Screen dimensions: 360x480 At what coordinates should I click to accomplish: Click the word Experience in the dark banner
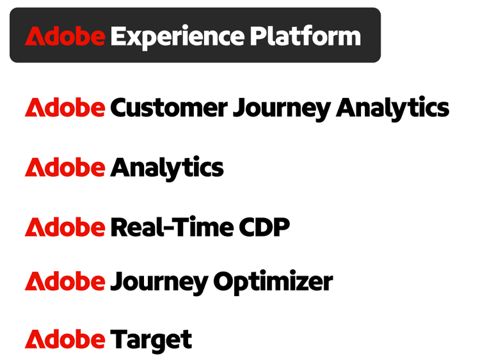click(x=177, y=36)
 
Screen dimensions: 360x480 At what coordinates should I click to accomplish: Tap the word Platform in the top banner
click(x=305, y=36)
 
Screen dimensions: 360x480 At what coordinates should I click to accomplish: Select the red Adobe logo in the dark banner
click(x=65, y=36)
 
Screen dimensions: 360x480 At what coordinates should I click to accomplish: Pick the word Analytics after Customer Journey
click(x=392, y=108)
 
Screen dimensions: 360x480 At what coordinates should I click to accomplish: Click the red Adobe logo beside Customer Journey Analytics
click(x=65, y=107)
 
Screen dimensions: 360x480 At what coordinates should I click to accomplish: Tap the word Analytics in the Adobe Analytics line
click(x=167, y=168)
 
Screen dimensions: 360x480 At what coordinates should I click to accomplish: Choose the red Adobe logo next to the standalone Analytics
click(x=65, y=168)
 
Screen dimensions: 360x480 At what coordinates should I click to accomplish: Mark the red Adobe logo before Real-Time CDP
click(x=65, y=227)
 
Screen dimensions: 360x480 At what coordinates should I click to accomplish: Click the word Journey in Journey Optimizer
click(x=159, y=282)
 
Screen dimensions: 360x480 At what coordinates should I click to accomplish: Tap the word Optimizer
click(x=273, y=282)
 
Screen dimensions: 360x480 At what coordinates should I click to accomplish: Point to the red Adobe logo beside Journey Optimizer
click(x=65, y=281)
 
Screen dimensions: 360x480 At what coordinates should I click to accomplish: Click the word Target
click(x=151, y=340)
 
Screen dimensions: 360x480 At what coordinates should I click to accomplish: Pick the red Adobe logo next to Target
click(x=65, y=339)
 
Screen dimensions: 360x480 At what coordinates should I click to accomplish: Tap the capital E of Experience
click(x=119, y=36)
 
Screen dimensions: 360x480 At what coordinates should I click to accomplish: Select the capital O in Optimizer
click(x=224, y=281)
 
